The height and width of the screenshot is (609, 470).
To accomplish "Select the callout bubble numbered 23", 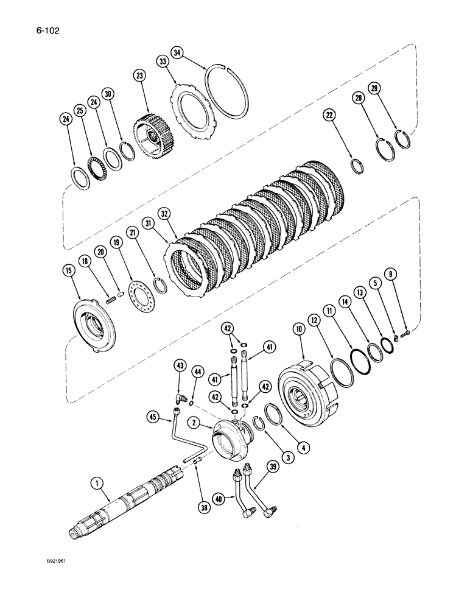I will point(141,77).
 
